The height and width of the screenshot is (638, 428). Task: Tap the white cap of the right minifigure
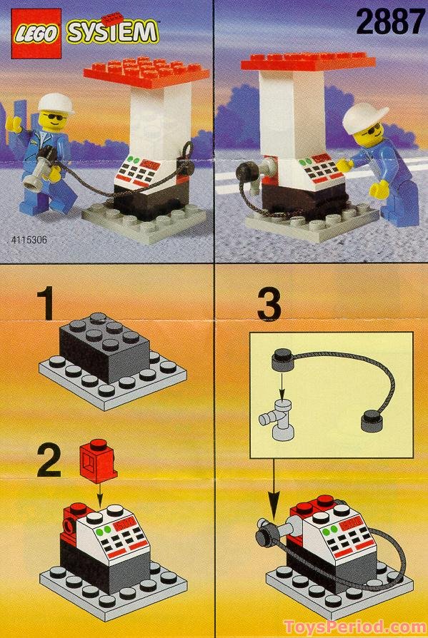(x=364, y=113)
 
